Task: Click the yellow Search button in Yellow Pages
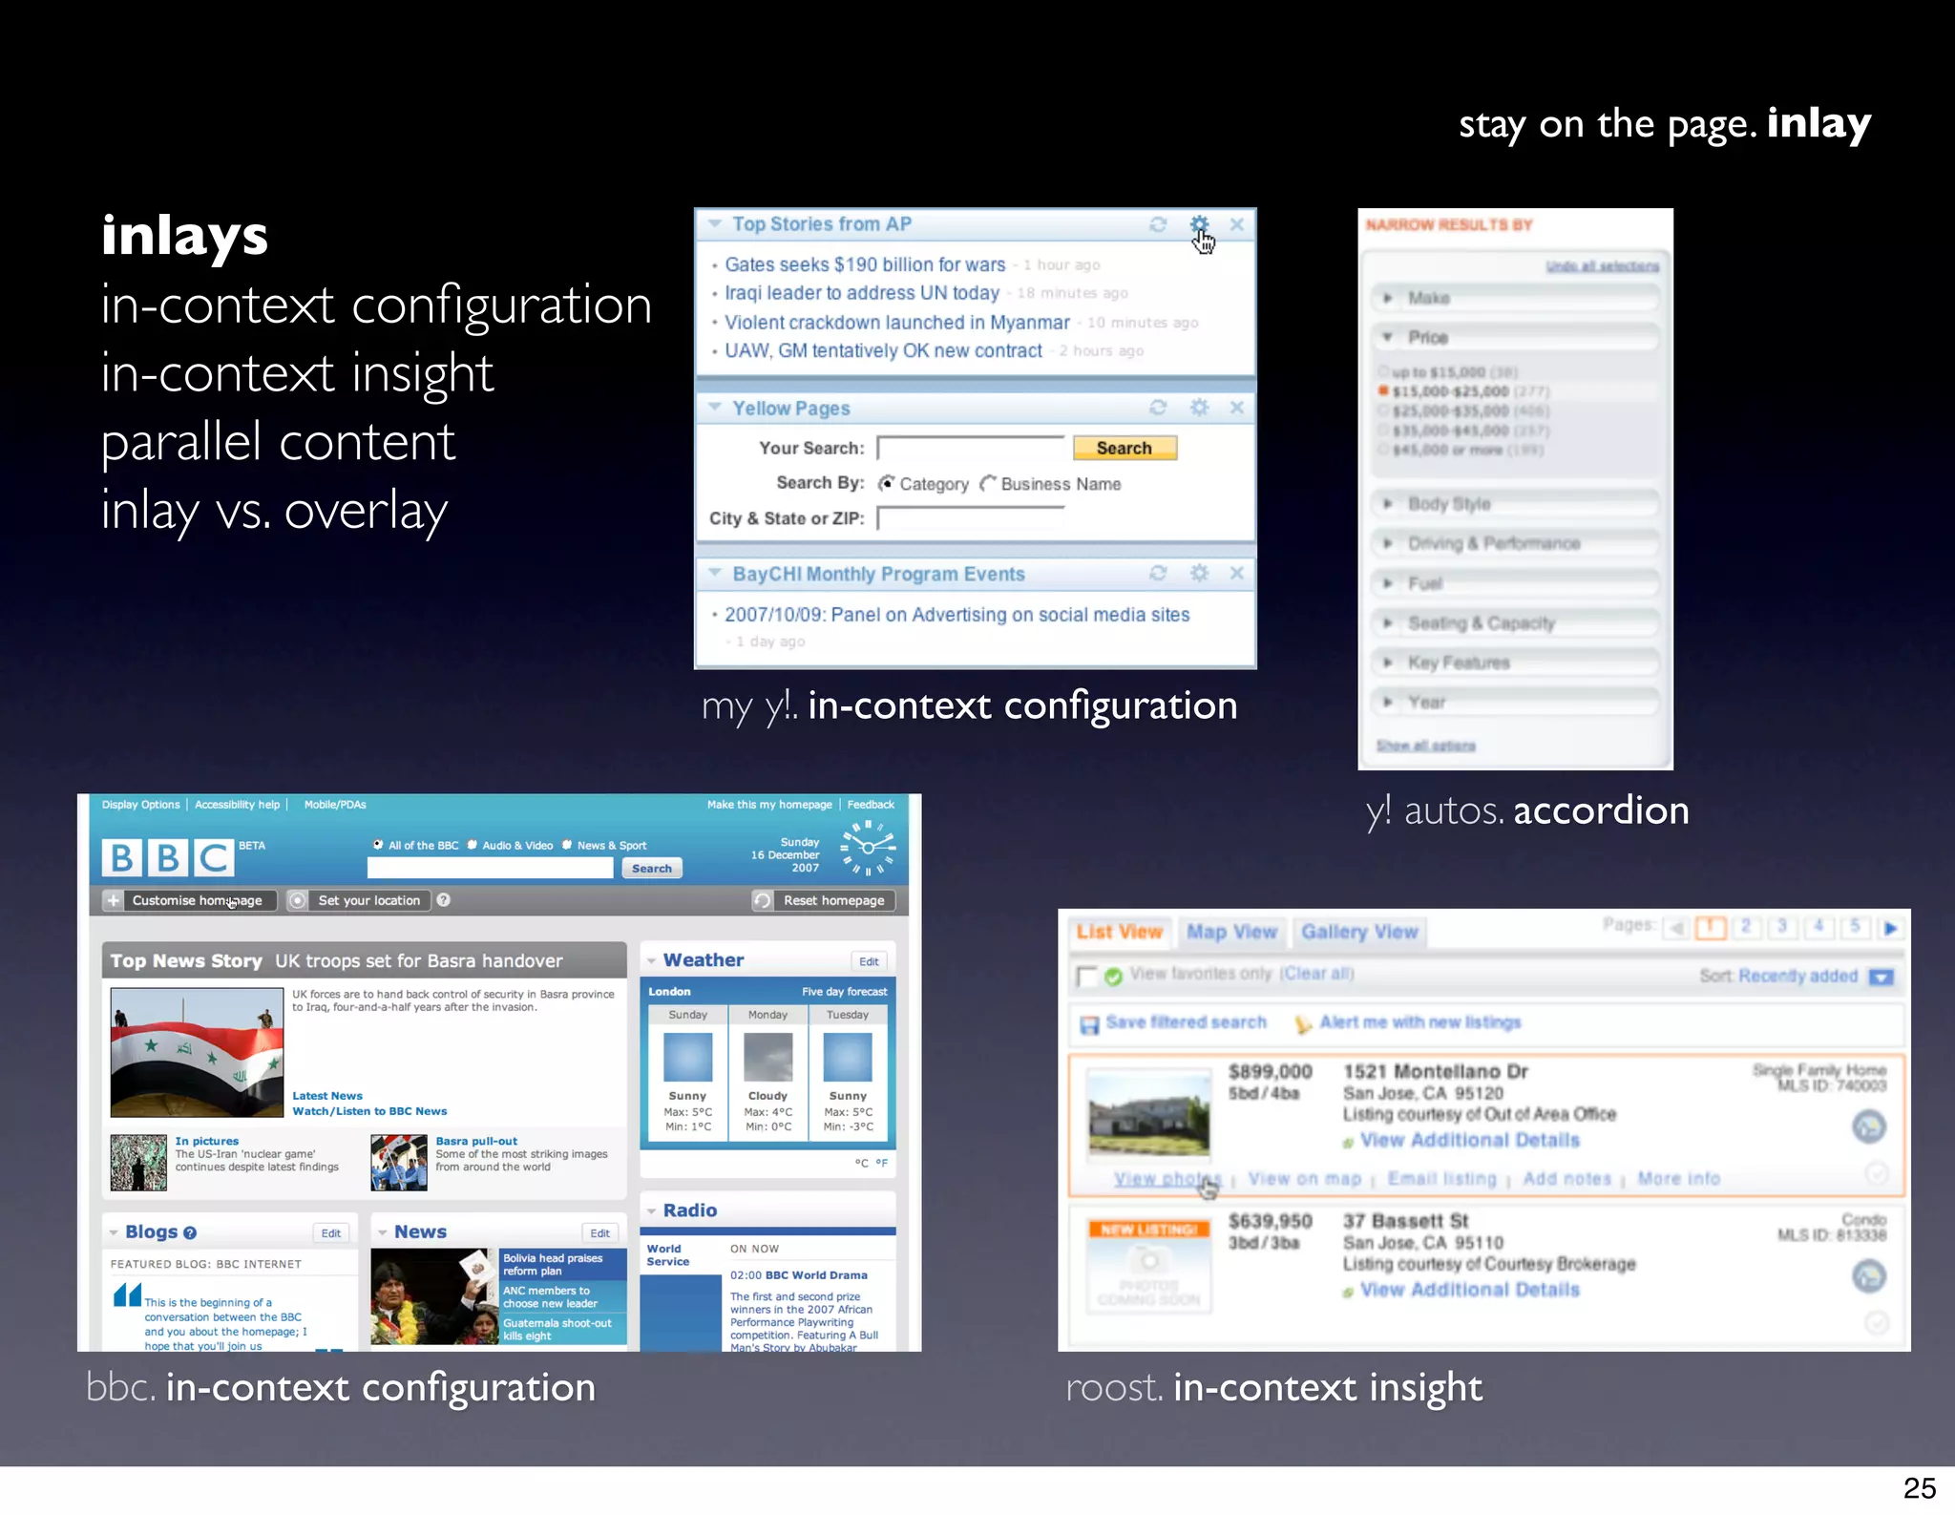click(1124, 448)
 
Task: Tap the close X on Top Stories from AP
click(1236, 224)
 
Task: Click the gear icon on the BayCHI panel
click(1199, 573)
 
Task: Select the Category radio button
click(887, 484)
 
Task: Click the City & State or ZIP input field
click(969, 518)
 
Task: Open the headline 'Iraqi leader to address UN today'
click(861, 293)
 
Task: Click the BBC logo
click(167, 857)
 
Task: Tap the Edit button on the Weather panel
click(868, 961)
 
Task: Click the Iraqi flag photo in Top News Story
click(197, 1052)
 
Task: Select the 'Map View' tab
click(1231, 932)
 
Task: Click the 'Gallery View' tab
click(1359, 932)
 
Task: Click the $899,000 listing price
click(1270, 1071)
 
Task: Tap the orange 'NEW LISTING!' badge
click(1148, 1230)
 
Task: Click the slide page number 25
click(1919, 1488)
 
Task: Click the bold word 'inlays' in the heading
click(184, 235)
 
